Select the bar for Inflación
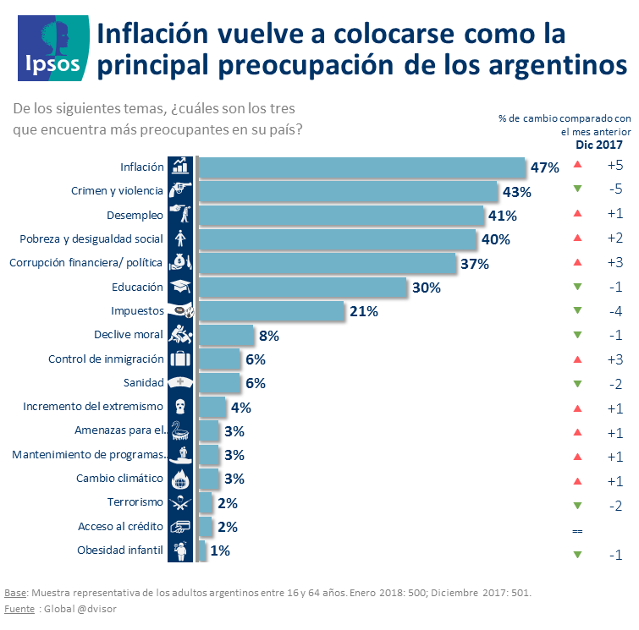(x=361, y=167)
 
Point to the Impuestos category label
(x=137, y=311)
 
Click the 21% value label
(x=363, y=311)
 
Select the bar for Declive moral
(x=226, y=336)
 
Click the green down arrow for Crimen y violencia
(x=577, y=191)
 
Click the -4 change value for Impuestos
(x=615, y=311)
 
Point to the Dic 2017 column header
(x=599, y=145)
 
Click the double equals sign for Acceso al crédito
(x=578, y=530)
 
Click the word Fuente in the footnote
(x=19, y=608)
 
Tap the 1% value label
(x=220, y=551)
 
